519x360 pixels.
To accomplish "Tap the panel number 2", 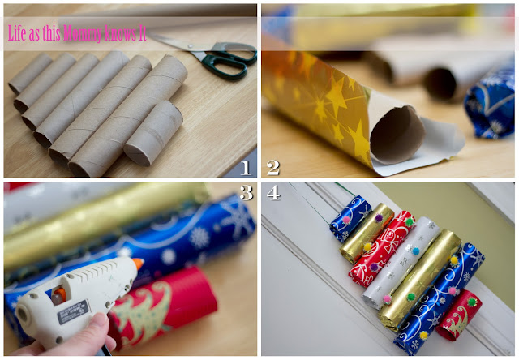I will point(273,168).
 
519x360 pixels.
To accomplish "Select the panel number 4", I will point(273,193).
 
